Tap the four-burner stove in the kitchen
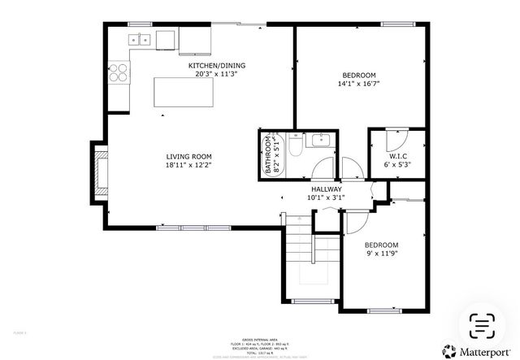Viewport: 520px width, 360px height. click(x=119, y=72)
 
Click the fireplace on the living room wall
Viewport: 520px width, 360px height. click(x=100, y=171)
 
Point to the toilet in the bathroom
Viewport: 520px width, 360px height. click(x=297, y=147)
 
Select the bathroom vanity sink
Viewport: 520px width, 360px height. click(x=323, y=140)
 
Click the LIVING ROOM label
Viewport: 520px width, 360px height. click(x=189, y=157)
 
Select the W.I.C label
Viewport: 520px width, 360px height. click(x=397, y=156)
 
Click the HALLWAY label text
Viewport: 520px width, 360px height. click(x=326, y=189)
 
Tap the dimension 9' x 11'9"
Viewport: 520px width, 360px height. click(x=381, y=254)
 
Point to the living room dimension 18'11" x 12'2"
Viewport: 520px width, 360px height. click(x=189, y=166)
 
